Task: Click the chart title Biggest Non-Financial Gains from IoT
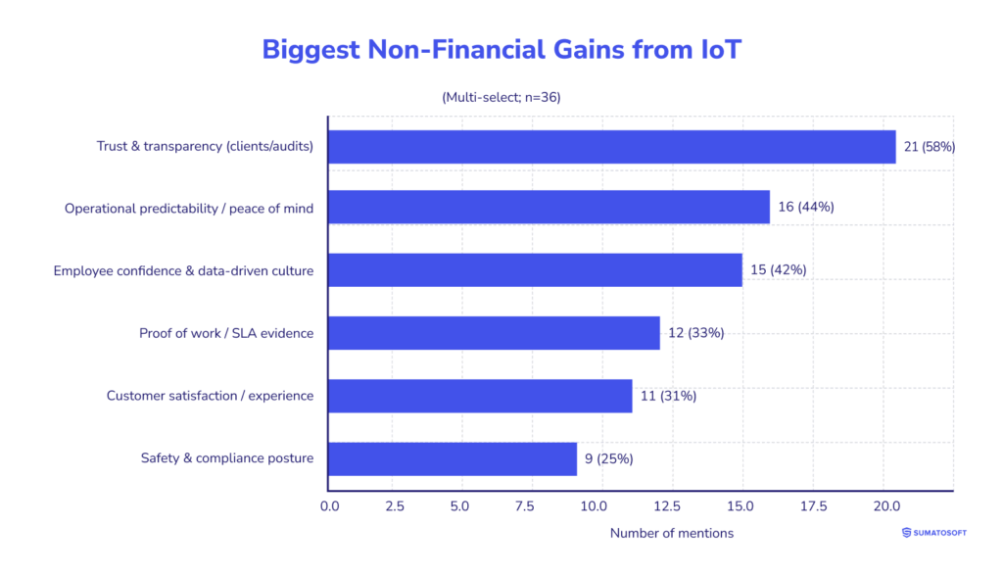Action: tap(501, 50)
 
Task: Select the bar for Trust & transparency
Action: tap(611, 147)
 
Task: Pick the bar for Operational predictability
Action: tap(549, 208)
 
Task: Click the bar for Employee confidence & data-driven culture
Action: tap(535, 270)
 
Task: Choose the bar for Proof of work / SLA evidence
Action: tap(494, 333)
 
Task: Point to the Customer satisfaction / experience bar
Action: tap(480, 396)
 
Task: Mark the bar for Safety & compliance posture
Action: tap(453, 457)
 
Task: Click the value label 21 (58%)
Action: tap(929, 147)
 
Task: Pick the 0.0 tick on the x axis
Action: tap(329, 506)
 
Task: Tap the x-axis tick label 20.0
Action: tap(883, 506)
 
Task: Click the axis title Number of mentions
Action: tap(671, 533)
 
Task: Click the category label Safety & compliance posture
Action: tap(227, 457)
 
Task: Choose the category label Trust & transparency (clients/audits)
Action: tap(205, 147)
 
